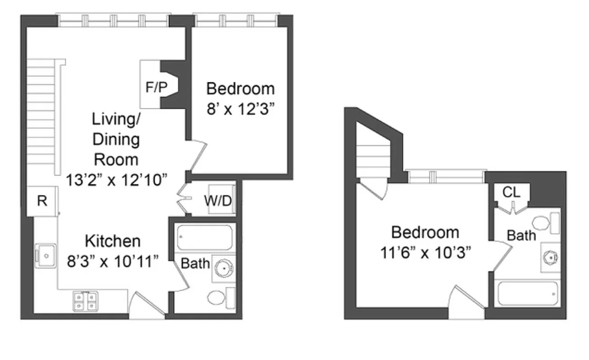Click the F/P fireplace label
[x=156, y=87]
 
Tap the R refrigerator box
[x=42, y=201]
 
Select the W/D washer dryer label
[x=218, y=201]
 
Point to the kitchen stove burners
[x=85, y=301]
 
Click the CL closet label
[x=511, y=192]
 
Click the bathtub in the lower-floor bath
[x=205, y=238]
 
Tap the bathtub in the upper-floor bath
[x=528, y=293]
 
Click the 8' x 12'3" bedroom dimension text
[x=240, y=109]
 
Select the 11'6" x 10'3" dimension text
[x=425, y=252]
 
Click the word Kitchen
[x=113, y=241]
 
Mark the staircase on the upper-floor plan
[x=373, y=153]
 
